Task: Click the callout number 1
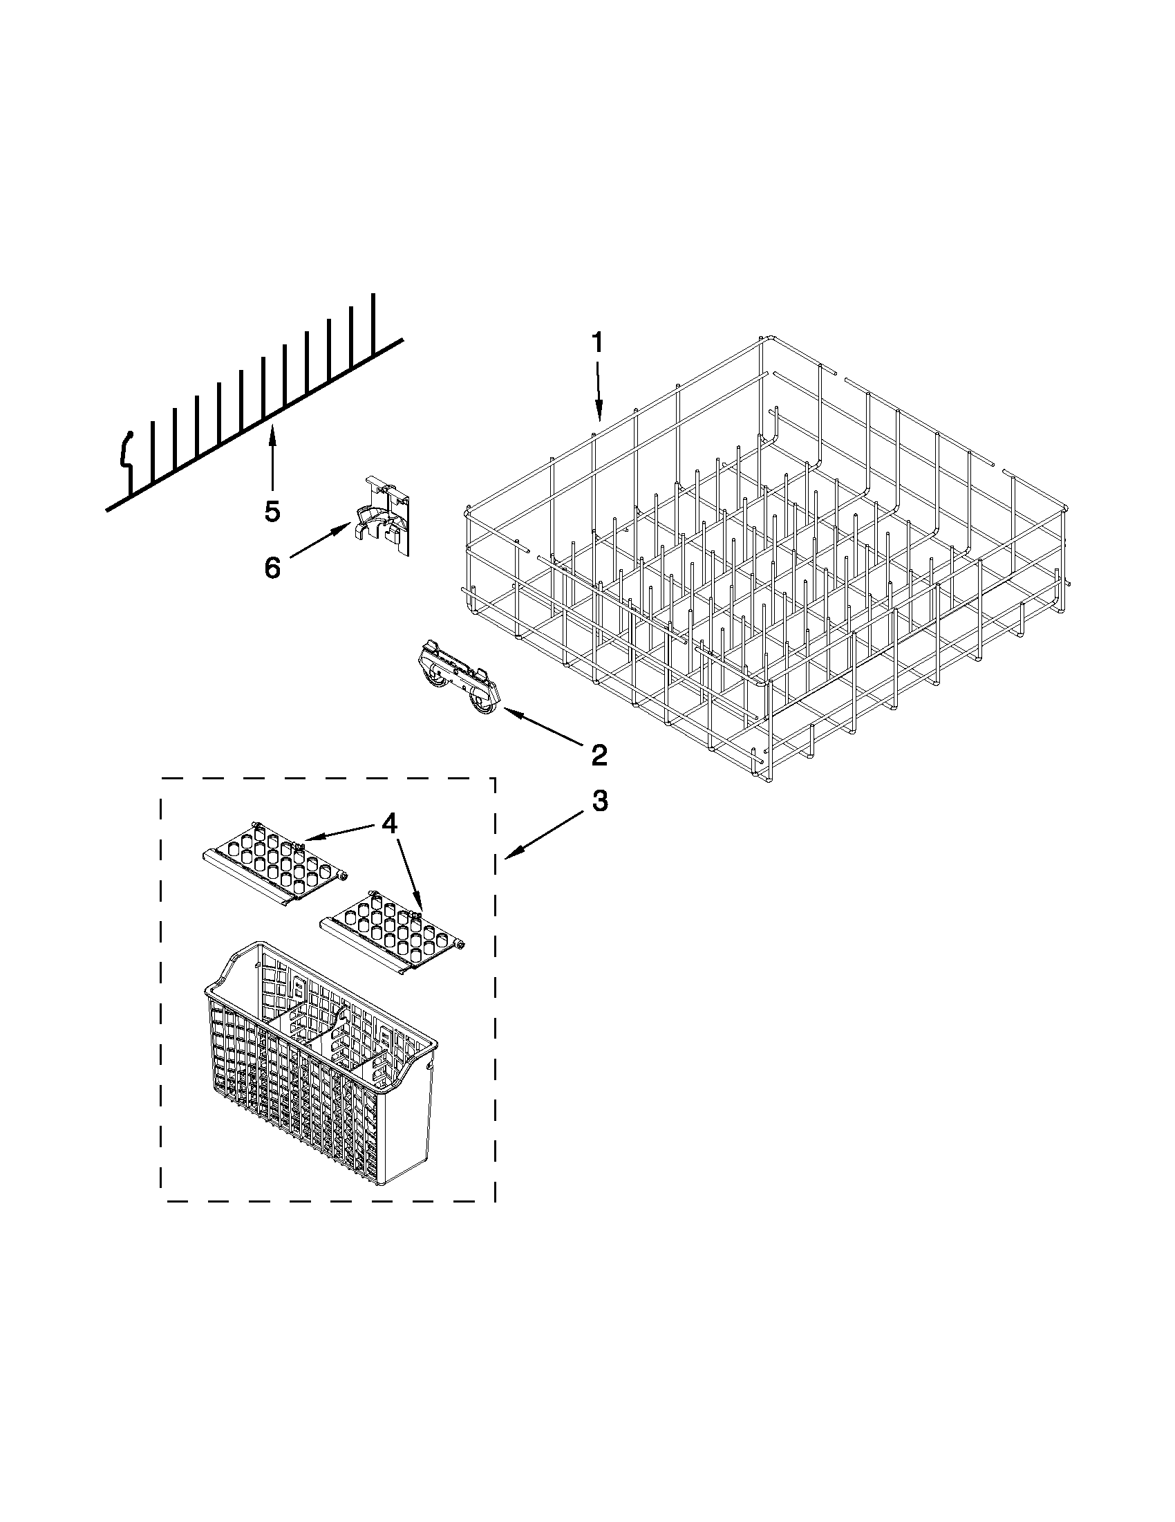pyautogui.click(x=598, y=344)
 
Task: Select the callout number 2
pyautogui.click(x=597, y=754)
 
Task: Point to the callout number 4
pyautogui.click(x=388, y=824)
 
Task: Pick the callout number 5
pyautogui.click(x=272, y=512)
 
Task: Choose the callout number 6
pyautogui.click(x=272, y=567)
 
